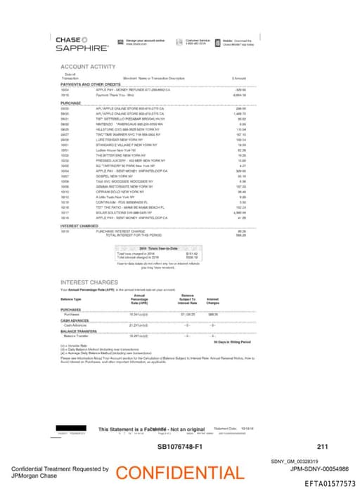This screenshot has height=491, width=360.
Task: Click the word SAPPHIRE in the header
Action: click(x=82, y=48)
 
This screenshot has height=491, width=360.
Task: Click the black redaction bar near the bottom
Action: click(x=73, y=428)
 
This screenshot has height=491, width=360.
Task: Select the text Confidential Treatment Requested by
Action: click(x=59, y=468)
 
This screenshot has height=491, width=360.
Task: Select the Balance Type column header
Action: click(x=72, y=299)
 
